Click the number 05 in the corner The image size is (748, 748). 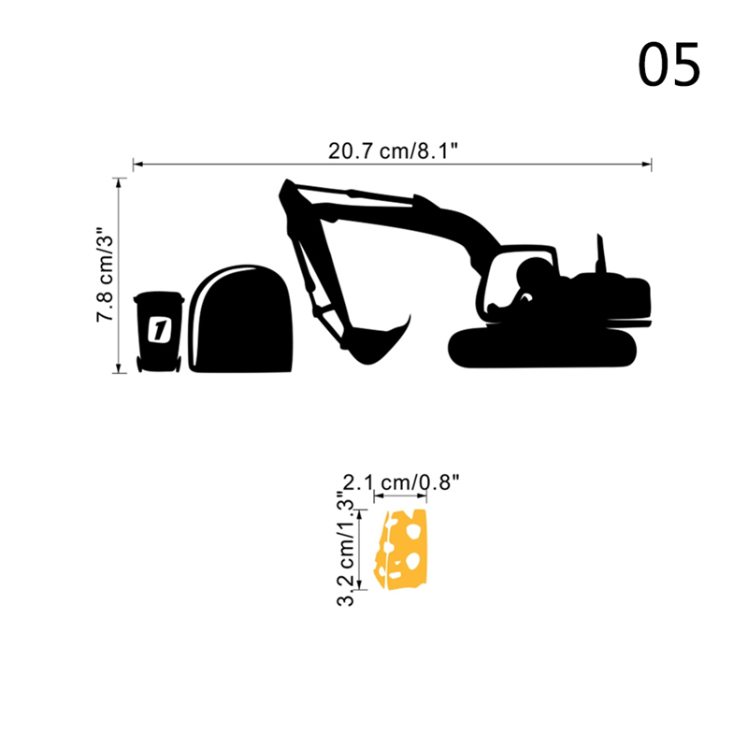[669, 65]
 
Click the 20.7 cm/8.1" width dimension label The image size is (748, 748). [393, 151]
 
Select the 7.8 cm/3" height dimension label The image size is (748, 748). [105, 275]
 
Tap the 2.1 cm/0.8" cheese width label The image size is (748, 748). [401, 482]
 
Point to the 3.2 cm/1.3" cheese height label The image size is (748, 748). [346, 549]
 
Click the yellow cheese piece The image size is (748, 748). [401, 550]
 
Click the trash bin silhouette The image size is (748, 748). [159, 332]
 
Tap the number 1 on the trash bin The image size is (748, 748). [159, 329]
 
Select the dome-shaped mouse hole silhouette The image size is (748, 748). [241, 318]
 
